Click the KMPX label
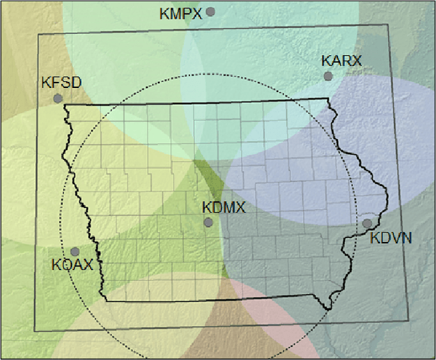(x=181, y=13)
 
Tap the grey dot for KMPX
(x=211, y=11)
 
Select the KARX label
(x=341, y=61)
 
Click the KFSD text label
(x=61, y=83)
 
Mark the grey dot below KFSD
(x=58, y=98)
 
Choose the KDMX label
(x=223, y=207)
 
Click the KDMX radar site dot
(x=208, y=222)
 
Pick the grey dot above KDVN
(x=367, y=223)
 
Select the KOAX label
(x=72, y=265)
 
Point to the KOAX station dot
(x=75, y=252)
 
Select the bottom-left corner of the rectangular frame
(x=35, y=331)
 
